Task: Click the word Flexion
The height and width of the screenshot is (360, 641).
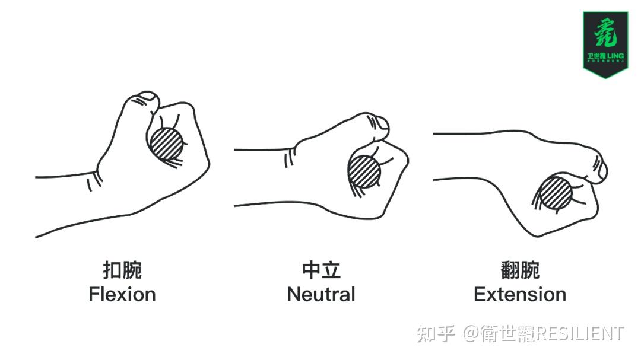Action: pos(122,294)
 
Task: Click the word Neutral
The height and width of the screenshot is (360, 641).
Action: pos(320,294)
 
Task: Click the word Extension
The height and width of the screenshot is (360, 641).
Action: pos(519,294)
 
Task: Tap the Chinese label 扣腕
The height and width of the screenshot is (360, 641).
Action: pos(122,270)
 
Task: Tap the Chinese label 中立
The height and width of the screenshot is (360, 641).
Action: pos(320,270)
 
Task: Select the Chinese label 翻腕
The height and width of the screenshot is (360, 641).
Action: pos(520,270)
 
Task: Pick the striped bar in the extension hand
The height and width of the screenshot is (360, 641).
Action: pos(556,193)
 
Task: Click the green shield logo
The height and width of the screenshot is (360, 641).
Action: pos(605,43)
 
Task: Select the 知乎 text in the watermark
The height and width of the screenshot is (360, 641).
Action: pos(436,333)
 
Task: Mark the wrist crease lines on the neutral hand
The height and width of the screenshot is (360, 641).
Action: pos(290,157)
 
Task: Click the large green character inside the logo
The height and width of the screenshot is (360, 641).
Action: pos(605,33)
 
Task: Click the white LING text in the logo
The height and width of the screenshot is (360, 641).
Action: pos(616,56)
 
